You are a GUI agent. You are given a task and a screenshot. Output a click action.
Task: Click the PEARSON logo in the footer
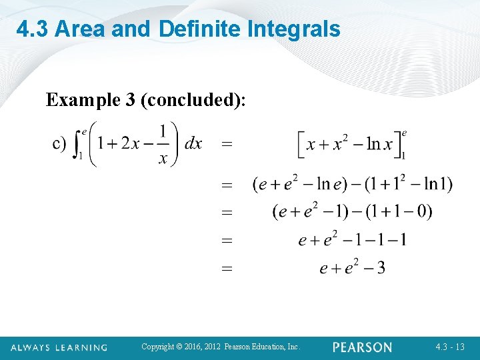point(362,347)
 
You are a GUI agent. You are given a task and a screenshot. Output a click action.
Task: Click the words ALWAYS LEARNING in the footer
point(59,347)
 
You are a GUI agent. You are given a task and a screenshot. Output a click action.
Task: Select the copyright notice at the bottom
point(221,347)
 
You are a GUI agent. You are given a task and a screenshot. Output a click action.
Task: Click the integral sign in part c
point(78,143)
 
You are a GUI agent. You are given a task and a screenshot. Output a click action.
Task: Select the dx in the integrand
point(193,143)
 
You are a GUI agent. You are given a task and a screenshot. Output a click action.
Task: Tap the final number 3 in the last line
point(380,268)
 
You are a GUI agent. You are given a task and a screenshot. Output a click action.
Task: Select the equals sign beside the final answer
point(227,269)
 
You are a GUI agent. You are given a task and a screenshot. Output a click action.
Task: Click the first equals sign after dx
point(227,143)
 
